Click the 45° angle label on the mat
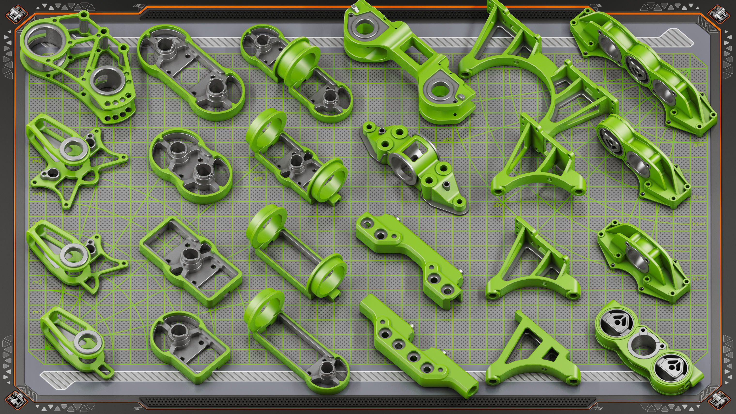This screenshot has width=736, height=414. tap(257, 179)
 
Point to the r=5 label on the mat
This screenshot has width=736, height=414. tap(37, 193)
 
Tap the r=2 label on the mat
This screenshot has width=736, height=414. tap(37, 282)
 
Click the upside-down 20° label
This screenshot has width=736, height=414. tap(447, 140)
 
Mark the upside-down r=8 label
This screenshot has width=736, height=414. tap(580, 61)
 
